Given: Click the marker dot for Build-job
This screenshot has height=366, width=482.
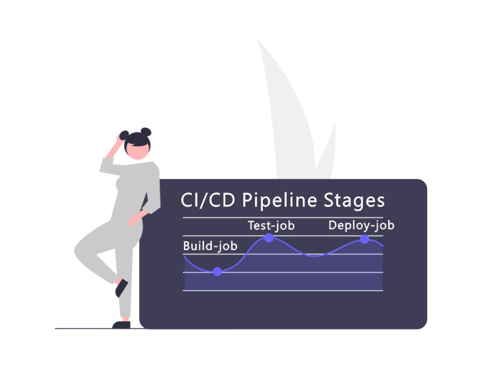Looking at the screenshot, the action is [218, 272].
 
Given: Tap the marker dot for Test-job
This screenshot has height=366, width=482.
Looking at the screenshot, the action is [269, 238].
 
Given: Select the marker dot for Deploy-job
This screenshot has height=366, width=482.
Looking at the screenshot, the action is [365, 240].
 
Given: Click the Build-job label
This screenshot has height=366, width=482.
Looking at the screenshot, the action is [210, 246].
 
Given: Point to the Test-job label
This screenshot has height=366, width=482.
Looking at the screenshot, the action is [271, 226].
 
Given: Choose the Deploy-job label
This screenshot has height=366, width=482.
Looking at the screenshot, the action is [361, 226].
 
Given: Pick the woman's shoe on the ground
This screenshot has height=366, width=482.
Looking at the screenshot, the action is [121, 325].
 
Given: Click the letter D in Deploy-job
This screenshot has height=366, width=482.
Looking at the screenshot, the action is [333, 226].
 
